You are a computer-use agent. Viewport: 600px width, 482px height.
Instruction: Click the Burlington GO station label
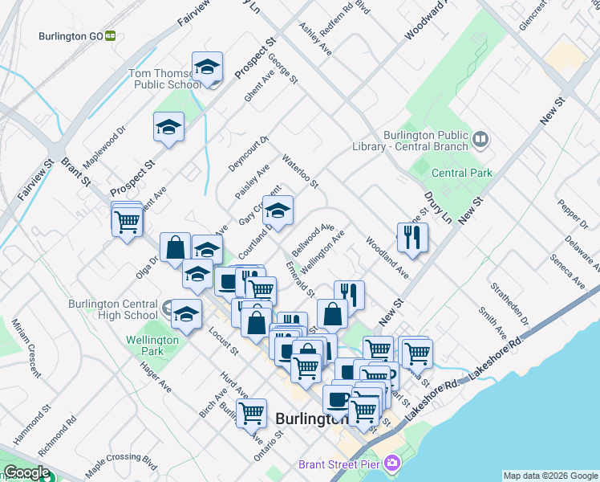[x=71, y=35]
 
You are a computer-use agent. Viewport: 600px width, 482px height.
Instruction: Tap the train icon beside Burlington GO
[x=111, y=35]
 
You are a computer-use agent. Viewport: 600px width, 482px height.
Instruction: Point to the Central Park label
[x=461, y=173]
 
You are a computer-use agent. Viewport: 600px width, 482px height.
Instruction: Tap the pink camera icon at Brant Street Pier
[x=391, y=463]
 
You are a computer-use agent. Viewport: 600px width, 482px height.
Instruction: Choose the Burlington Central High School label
[x=113, y=309]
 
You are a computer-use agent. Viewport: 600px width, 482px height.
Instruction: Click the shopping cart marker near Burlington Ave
[x=252, y=413]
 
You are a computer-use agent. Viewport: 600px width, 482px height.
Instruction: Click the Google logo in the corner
[x=26, y=472]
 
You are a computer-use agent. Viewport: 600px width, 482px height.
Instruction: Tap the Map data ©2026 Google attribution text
[x=549, y=476]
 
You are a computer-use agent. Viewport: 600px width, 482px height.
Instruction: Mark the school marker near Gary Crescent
[x=278, y=211]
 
